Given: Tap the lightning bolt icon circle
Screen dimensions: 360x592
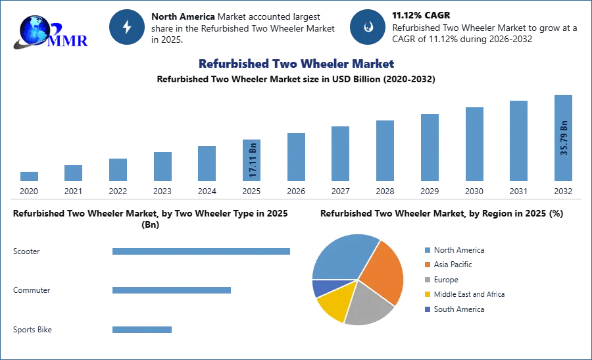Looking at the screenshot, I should point(127,27).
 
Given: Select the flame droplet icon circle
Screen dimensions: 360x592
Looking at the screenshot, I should point(368,27).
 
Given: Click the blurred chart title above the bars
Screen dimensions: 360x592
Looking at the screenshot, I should point(295,64).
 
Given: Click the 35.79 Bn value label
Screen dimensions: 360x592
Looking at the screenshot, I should point(564,138).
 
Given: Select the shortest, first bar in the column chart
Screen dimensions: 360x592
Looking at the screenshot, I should point(28,176).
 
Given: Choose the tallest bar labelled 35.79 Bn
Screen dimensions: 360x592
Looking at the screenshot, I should point(563,139).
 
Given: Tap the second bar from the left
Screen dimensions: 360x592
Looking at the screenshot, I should point(74,173).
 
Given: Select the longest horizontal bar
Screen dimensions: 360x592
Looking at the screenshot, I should point(202,252).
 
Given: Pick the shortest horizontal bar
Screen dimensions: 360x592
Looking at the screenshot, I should point(142,332).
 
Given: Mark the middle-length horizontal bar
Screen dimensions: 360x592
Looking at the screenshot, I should point(171,290).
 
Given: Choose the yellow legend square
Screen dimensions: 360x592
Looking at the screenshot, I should point(427,295).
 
